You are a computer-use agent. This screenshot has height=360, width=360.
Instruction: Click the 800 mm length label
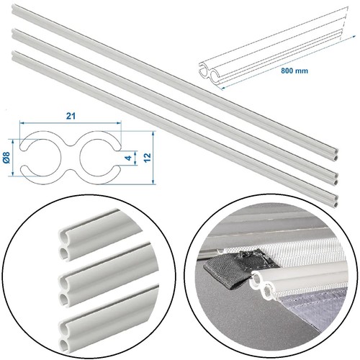(x=294, y=71)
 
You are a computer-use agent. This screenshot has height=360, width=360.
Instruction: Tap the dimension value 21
(x=71, y=116)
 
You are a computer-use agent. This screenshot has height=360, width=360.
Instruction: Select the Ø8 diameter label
(x=6, y=158)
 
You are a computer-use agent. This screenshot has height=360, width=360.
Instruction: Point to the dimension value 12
(x=147, y=158)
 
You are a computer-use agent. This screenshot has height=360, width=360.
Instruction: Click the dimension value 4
(x=129, y=158)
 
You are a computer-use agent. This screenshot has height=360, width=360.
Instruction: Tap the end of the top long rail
(x=336, y=154)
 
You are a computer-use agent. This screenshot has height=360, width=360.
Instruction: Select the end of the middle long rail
(x=336, y=178)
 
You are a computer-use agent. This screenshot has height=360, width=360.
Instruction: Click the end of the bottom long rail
(x=336, y=201)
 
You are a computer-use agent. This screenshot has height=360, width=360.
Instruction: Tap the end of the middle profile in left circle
(x=65, y=291)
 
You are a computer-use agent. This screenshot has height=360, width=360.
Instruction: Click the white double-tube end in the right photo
(x=263, y=285)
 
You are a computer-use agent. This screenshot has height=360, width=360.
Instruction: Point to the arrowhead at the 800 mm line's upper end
(x=354, y=36)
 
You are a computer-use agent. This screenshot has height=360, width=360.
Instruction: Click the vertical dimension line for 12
(x=153, y=158)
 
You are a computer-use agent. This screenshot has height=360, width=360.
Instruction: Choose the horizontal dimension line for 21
(x=71, y=123)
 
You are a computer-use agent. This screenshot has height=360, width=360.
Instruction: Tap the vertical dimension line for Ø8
(x=12, y=158)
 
